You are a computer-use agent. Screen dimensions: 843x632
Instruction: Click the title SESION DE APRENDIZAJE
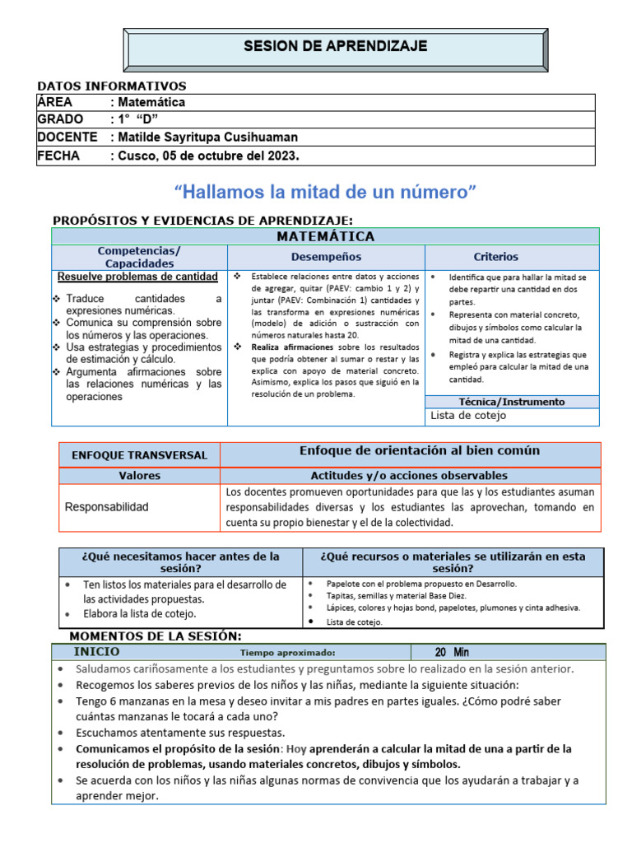(335, 46)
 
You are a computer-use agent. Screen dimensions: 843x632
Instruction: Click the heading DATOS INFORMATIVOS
(113, 86)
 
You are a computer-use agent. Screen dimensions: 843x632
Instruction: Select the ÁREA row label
(55, 102)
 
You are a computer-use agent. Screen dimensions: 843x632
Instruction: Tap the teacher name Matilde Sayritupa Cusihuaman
(207, 137)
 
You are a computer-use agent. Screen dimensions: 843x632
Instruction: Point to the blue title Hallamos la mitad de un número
(326, 193)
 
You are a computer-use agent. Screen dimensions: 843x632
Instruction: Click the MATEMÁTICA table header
(325, 236)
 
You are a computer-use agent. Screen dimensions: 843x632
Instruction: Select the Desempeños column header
(326, 257)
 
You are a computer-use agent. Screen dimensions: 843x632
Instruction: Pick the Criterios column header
(495, 257)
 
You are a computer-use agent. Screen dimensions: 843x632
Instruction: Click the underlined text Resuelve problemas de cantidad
(138, 277)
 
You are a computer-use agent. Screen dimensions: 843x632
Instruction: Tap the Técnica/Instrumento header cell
(511, 402)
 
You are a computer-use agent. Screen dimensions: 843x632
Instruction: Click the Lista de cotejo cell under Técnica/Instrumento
(468, 416)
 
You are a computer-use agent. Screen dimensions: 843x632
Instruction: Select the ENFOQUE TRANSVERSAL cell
(140, 454)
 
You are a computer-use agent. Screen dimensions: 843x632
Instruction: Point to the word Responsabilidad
(107, 507)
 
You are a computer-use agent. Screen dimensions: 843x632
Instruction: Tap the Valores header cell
(140, 476)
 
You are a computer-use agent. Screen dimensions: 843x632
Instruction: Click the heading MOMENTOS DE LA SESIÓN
(156, 636)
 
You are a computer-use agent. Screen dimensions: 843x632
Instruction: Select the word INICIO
(96, 651)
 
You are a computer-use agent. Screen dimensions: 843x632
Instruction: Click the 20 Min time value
(452, 652)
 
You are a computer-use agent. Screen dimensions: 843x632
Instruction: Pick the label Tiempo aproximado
(287, 653)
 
